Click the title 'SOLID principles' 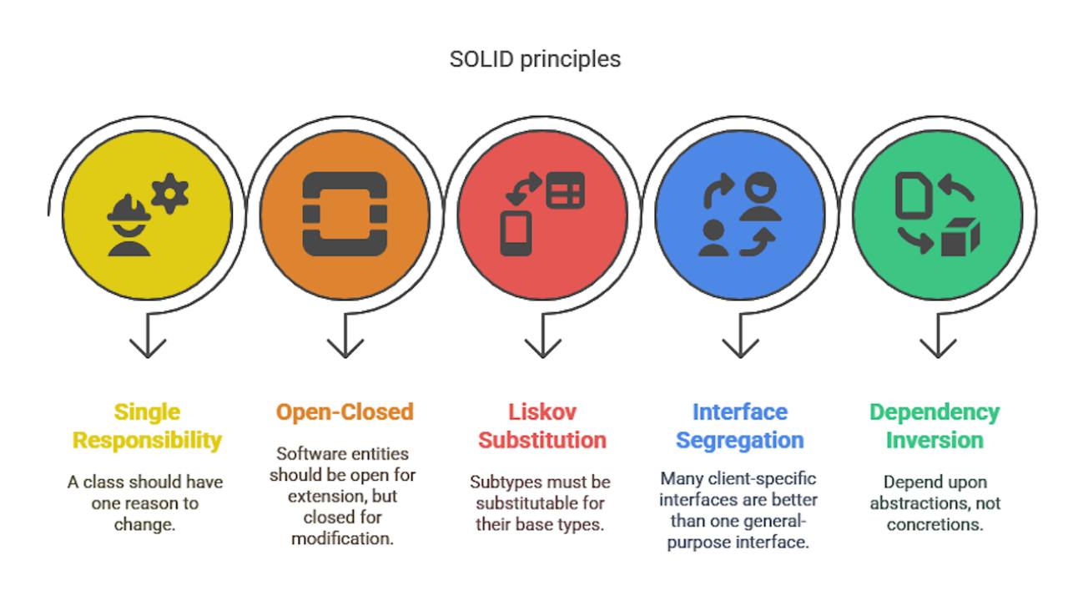click(x=535, y=60)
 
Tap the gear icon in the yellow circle click(x=170, y=193)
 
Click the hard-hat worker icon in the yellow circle click(x=129, y=225)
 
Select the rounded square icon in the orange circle click(x=345, y=214)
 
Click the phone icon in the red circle click(x=516, y=233)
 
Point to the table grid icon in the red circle click(x=566, y=189)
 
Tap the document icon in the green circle click(x=914, y=195)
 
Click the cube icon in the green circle click(x=960, y=237)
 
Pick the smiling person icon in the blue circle click(x=760, y=196)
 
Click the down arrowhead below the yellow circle click(x=148, y=348)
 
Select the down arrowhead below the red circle click(x=542, y=348)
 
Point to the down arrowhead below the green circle click(x=938, y=348)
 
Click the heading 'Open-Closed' click(x=345, y=412)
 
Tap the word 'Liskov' click(x=542, y=412)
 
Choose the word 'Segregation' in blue click(x=739, y=441)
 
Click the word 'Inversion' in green click(x=934, y=440)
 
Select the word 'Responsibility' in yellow click(x=147, y=441)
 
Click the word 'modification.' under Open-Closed click(x=342, y=538)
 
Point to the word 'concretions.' click(x=935, y=525)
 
